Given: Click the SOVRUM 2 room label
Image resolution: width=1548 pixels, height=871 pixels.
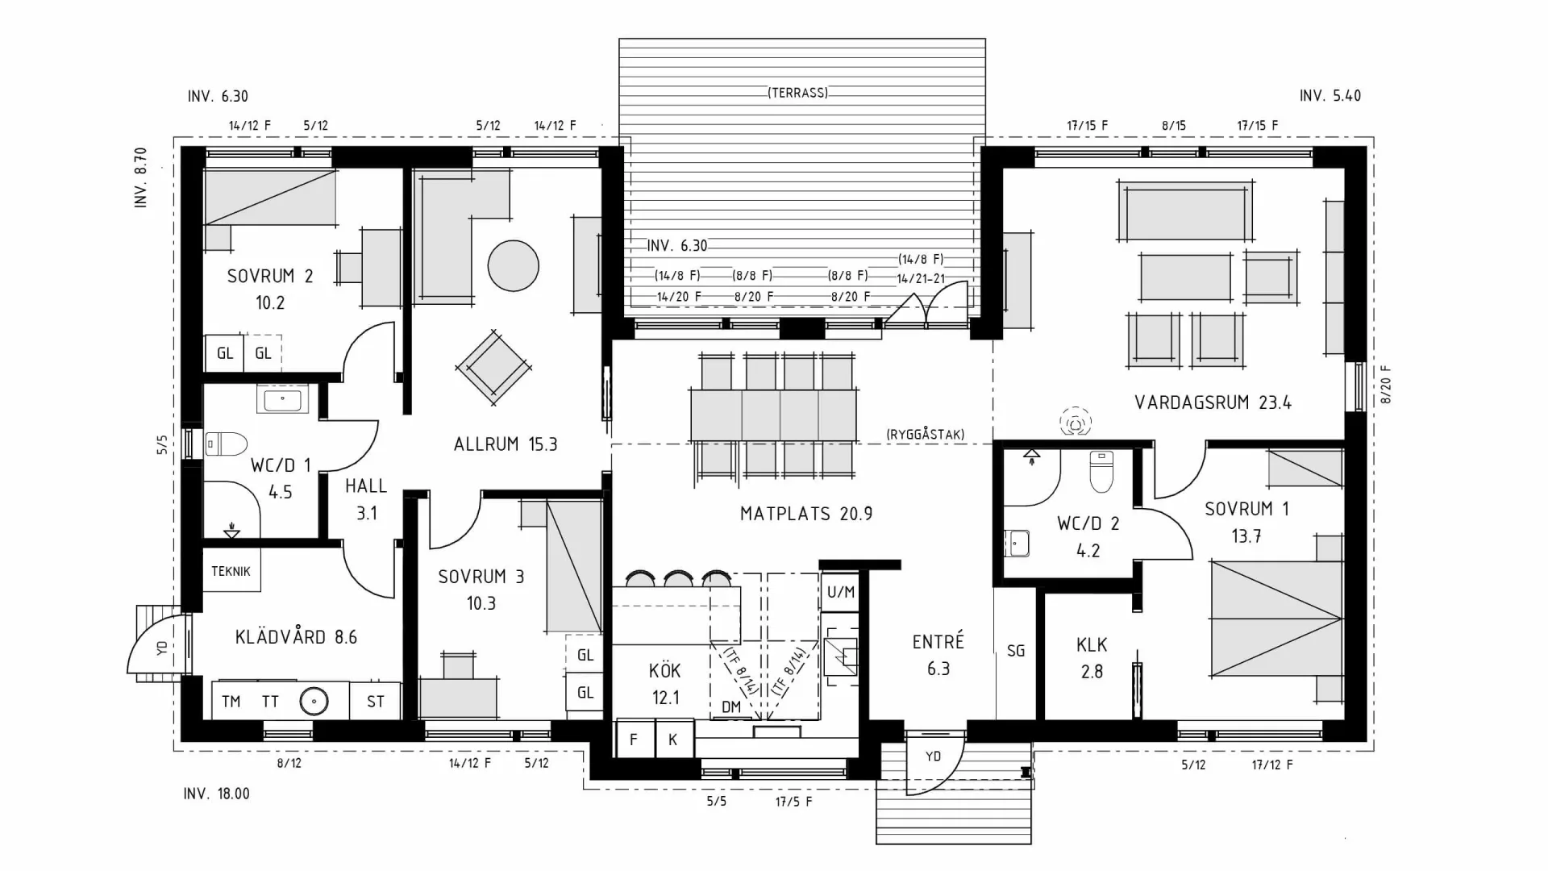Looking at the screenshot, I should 269,277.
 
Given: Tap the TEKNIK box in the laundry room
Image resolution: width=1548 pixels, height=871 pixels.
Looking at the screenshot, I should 231,571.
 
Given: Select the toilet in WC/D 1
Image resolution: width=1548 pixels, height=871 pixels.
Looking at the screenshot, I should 227,444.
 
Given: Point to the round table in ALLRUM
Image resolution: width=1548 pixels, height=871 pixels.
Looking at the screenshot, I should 513,266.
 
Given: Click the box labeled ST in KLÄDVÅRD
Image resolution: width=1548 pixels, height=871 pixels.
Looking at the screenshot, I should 376,702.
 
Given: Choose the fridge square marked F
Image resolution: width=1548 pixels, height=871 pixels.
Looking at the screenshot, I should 634,740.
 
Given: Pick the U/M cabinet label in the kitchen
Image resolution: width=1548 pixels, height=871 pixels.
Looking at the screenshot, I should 840,593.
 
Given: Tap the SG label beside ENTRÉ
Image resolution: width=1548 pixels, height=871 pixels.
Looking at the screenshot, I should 1016,650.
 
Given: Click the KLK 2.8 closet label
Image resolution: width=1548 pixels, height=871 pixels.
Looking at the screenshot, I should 1092,657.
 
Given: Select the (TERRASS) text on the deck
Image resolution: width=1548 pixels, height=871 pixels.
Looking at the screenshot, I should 797,93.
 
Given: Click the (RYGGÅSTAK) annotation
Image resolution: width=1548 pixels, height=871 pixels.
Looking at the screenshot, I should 925,435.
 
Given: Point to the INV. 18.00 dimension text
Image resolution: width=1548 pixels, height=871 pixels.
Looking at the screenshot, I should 216,794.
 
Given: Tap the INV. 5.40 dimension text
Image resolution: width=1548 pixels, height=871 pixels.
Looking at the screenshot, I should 1330,96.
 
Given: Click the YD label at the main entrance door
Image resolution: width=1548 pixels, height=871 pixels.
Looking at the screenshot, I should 933,756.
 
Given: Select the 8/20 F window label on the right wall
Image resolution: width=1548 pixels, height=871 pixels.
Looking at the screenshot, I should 1386,385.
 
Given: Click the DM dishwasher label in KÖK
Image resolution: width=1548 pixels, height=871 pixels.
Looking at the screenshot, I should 731,707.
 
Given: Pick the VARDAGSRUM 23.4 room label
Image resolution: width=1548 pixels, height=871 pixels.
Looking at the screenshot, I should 1213,402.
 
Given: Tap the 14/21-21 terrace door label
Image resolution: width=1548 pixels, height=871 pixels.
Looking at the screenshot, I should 921,279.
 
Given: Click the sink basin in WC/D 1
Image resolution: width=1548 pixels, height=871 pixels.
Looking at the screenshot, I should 282,399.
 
